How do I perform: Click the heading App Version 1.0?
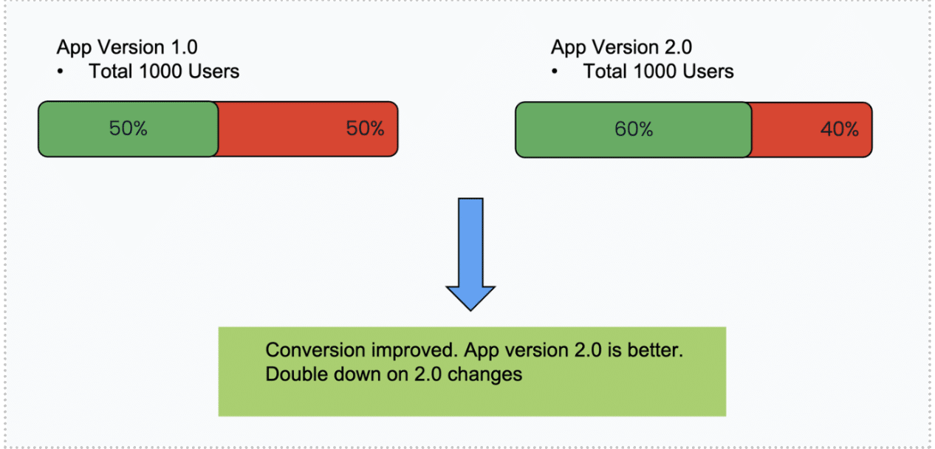click(127, 47)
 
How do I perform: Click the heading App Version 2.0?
click(621, 47)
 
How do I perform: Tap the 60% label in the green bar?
click(633, 129)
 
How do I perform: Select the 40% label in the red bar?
click(840, 129)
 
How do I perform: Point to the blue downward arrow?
click(470, 254)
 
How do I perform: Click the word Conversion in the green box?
click(315, 350)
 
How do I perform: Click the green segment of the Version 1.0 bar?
click(129, 129)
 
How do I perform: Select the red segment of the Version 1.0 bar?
click(308, 129)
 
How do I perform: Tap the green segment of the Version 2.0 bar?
click(634, 130)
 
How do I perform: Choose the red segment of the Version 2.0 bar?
click(812, 130)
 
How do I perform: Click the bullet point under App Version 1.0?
click(61, 72)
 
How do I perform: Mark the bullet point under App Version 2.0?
click(555, 72)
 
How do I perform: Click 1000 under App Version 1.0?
click(160, 72)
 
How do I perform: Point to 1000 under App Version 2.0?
click(654, 72)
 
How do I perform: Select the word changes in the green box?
click(484, 374)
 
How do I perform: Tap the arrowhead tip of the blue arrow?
click(470, 310)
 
